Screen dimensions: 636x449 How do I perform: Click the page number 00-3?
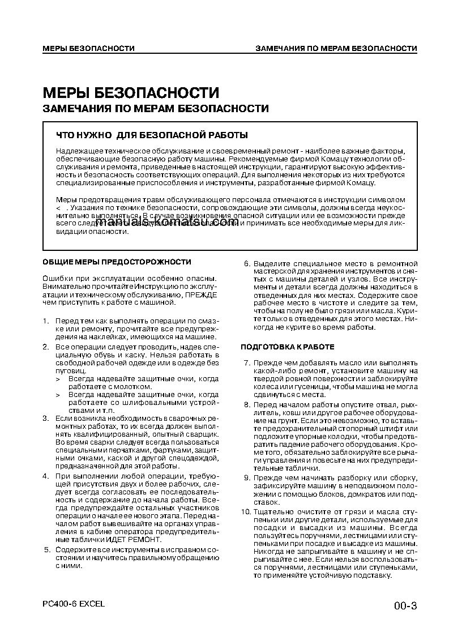pos(405,607)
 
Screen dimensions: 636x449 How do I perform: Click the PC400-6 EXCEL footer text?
pos(74,604)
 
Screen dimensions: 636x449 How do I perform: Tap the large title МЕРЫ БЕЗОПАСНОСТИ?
pos(131,93)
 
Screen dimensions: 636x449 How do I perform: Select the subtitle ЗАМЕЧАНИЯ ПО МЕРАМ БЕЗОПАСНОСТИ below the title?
pos(156,109)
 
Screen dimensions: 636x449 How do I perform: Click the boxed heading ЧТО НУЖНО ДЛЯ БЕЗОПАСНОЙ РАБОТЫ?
pos(152,135)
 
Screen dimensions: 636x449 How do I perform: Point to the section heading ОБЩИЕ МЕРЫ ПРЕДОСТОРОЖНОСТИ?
pos(117,262)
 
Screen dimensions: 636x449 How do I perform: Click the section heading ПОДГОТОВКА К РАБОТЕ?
pos(288,347)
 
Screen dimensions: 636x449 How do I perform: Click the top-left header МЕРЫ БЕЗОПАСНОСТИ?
pos(88,49)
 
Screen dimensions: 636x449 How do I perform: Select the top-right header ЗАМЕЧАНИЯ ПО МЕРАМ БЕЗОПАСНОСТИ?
pos(336,49)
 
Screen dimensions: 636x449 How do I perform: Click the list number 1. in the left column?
pos(46,321)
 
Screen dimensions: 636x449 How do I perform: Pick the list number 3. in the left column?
pos(46,418)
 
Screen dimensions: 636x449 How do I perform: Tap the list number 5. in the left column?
pos(46,550)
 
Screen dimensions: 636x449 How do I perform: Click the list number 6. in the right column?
pos(246,264)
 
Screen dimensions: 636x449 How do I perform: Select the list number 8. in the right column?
pos(246,405)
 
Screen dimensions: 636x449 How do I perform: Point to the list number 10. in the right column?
pos(245,512)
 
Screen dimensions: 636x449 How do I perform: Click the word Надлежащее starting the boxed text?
pos(77,151)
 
